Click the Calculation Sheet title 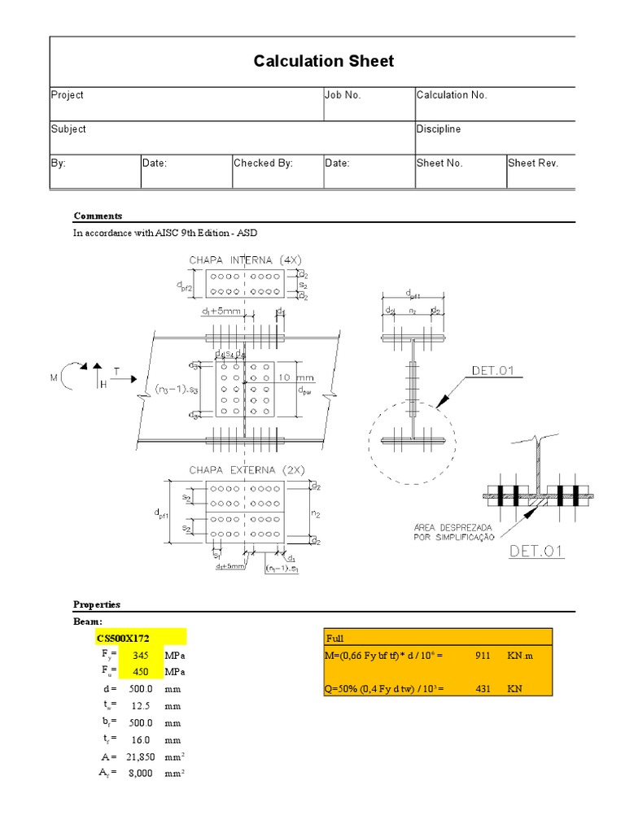(x=324, y=61)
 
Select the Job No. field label (x=343, y=95)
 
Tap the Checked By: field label (x=263, y=164)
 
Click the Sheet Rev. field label (x=533, y=164)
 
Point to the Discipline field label (x=439, y=129)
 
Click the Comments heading (x=98, y=216)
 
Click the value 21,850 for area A (x=138, y=757)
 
